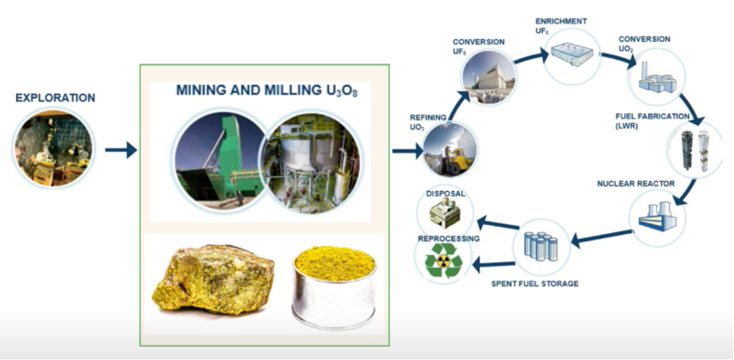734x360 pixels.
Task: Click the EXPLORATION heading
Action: [x=55, y=97]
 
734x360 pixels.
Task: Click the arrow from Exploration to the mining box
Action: [x=120, y=149]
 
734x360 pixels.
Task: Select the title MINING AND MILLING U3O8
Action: [x=267, y=91]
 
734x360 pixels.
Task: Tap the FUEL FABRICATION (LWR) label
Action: [x=652, y=120]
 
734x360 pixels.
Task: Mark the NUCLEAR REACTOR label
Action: [x=635, y=184]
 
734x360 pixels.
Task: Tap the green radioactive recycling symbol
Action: [x=443, y=261]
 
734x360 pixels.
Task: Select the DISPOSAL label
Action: [x=445, y=193]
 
